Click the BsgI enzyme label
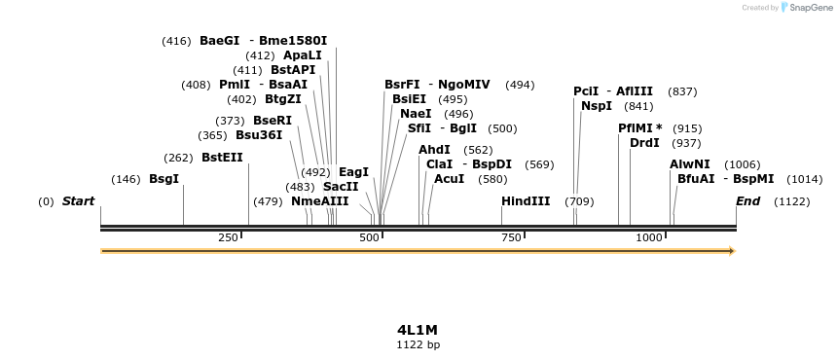[x=164, y=179]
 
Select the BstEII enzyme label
[x=222, y=158]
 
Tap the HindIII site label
[x=526, y=201]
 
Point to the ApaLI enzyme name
[x=303, y=55]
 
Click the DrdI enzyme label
[x=644, y=143]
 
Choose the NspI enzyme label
[x=597, y=106]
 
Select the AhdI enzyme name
[x=434, y=150]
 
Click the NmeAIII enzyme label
[x=319, y=201]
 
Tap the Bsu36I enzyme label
[x=259, y=135]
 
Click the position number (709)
[x=579, y=201]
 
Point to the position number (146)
[x=126, y=179]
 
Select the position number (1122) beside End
[x=791, y=201]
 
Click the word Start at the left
[x=78, y=201]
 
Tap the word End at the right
[x=747, y=201]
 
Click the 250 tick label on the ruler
[x=229, y=237]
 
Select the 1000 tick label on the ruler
[x=647, y=237]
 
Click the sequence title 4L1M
[x=418, y=330]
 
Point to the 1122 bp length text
[x=418, y=344]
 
